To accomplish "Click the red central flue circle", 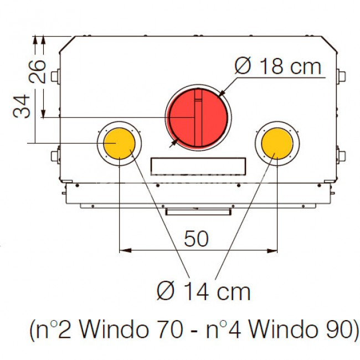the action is pos(198,117).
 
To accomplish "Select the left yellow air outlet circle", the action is pos(119,143).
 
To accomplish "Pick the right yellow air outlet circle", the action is pos(277,143).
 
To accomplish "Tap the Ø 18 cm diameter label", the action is pos(278,66).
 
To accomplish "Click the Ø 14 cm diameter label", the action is pos(203,291).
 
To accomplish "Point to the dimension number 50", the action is pos(196,239).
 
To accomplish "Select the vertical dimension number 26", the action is pos(38,71).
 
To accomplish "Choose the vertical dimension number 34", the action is pos(22,106).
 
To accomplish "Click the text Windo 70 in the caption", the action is pos(131,330).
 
